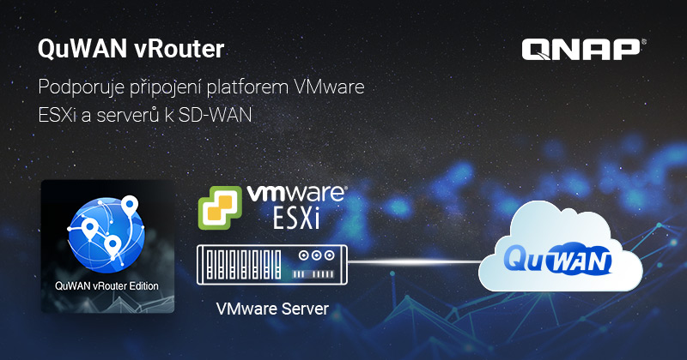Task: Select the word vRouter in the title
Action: pos(179,49)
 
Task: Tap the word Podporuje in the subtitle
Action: pos(81,87)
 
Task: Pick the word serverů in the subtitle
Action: pos(128,116)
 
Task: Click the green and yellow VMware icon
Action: pos(220,207)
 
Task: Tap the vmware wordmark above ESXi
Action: pos(296,194)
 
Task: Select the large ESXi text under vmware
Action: pos(296,218)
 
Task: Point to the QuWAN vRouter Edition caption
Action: pos(106,286)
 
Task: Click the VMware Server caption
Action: pos(272,309)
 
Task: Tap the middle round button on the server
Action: pos(316,255)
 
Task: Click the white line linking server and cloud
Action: pos(414,262)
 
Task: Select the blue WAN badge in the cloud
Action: pos(578,262)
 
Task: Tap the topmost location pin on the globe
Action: pos(130,206)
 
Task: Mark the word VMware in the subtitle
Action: pos(330,87)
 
